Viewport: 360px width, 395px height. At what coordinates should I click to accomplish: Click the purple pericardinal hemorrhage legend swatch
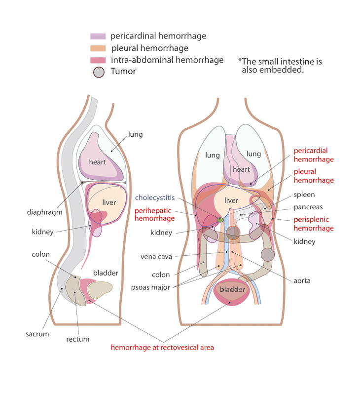tap(98, 37)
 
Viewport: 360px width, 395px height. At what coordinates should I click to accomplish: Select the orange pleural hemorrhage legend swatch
tap(98, 48)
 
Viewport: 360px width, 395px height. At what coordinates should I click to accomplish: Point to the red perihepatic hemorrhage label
tap(154, 214)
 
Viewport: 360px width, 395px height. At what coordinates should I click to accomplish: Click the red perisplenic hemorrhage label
tap(314, 223)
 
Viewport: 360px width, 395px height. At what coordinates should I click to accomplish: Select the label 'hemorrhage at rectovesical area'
tap(162, 348)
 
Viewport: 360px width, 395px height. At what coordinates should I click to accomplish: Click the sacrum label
tap(37, 334)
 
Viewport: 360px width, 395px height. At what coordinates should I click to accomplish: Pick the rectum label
tap(77, 339)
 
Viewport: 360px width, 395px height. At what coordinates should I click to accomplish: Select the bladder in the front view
tap(232, 289)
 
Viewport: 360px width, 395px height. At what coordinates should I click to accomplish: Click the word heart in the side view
tap(97, 162)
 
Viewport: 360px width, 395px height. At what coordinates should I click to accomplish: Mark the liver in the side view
tap(109, 202)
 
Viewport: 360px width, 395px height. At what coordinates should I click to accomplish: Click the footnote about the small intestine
tap(280, 66)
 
